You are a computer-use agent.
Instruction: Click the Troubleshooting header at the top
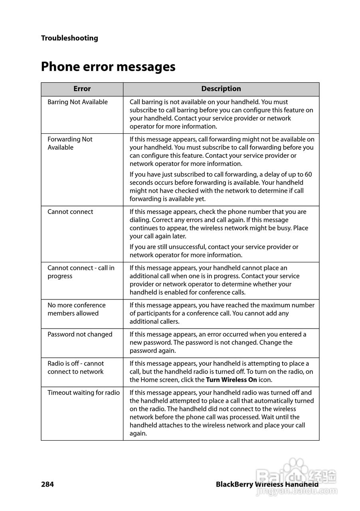coord(69,38)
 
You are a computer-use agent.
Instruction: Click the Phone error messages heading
coord(108,66)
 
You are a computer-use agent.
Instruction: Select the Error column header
coord(82,89)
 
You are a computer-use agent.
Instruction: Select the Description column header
coord(221,89)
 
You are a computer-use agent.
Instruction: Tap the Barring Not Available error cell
coord(77,102)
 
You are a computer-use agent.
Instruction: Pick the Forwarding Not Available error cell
coord(70,143)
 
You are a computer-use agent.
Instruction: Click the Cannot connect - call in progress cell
coord(81,272)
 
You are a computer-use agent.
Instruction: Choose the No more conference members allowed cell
coord(76,309)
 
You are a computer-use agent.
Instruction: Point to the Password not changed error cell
coord(80,335)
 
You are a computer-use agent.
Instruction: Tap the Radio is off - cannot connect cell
coord(75,368)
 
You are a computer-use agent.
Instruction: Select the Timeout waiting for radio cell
coord(83,393)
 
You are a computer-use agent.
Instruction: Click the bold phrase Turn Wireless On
coord(231,380)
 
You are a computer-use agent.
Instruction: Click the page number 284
coord(47,485)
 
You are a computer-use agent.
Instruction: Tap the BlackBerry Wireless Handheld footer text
coord(267,485)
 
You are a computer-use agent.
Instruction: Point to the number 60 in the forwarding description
coord(308,174)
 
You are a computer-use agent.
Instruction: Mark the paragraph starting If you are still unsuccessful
coord(214,251)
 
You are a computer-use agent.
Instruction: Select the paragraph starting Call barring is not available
coord(221,114)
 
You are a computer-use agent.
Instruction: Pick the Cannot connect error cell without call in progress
coord(70,212)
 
